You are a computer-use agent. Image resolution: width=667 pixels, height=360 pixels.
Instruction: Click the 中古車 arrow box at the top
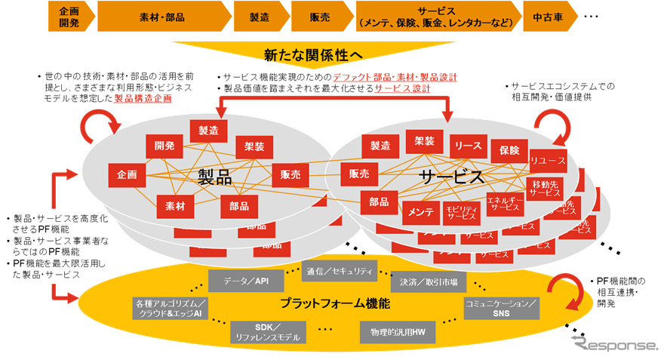point(549,16)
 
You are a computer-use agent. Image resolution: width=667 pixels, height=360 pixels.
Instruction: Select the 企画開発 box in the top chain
point(69,16)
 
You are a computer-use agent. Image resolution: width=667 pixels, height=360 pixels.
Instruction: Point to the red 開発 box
point(164,145)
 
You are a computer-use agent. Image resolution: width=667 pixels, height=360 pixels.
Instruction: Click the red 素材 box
point(175,204)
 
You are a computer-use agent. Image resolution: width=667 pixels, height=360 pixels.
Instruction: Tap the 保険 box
point(509,150)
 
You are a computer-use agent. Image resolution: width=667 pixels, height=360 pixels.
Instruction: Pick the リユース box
point(547,161)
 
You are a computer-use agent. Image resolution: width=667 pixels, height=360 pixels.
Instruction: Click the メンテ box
point(421,213)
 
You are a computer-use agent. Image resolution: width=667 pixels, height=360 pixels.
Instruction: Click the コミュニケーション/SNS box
point(501,307)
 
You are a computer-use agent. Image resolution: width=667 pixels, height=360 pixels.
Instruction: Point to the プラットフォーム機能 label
point(335,303)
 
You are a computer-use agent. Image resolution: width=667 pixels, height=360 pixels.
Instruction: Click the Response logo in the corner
point(615,343)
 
